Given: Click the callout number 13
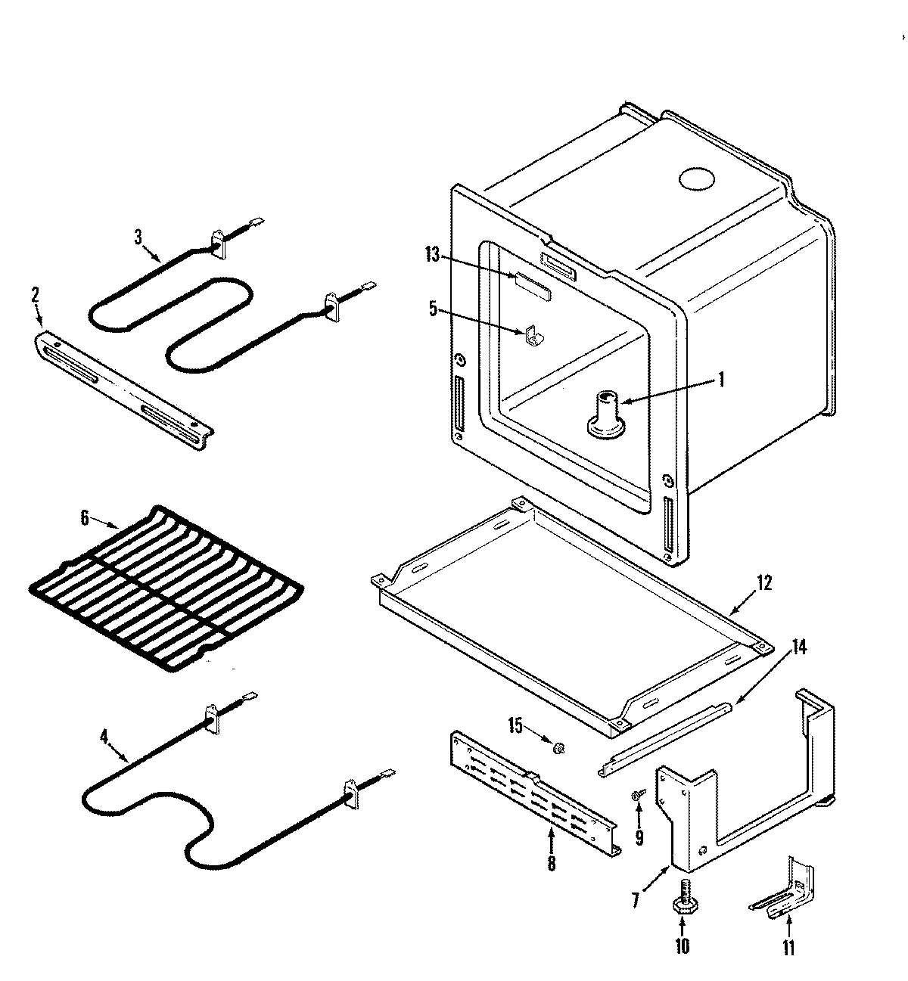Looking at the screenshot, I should [432, 255].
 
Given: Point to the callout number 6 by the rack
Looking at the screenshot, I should [85, 518].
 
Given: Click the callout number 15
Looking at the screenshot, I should [515, 725].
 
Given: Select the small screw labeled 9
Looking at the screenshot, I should [638, 793].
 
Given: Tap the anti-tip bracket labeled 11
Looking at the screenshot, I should [787, 893].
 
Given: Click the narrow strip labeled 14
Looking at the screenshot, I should [666, 737].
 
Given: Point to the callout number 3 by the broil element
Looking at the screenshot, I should [138, 237].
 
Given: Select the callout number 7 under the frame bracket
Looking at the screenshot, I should [636, 899].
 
